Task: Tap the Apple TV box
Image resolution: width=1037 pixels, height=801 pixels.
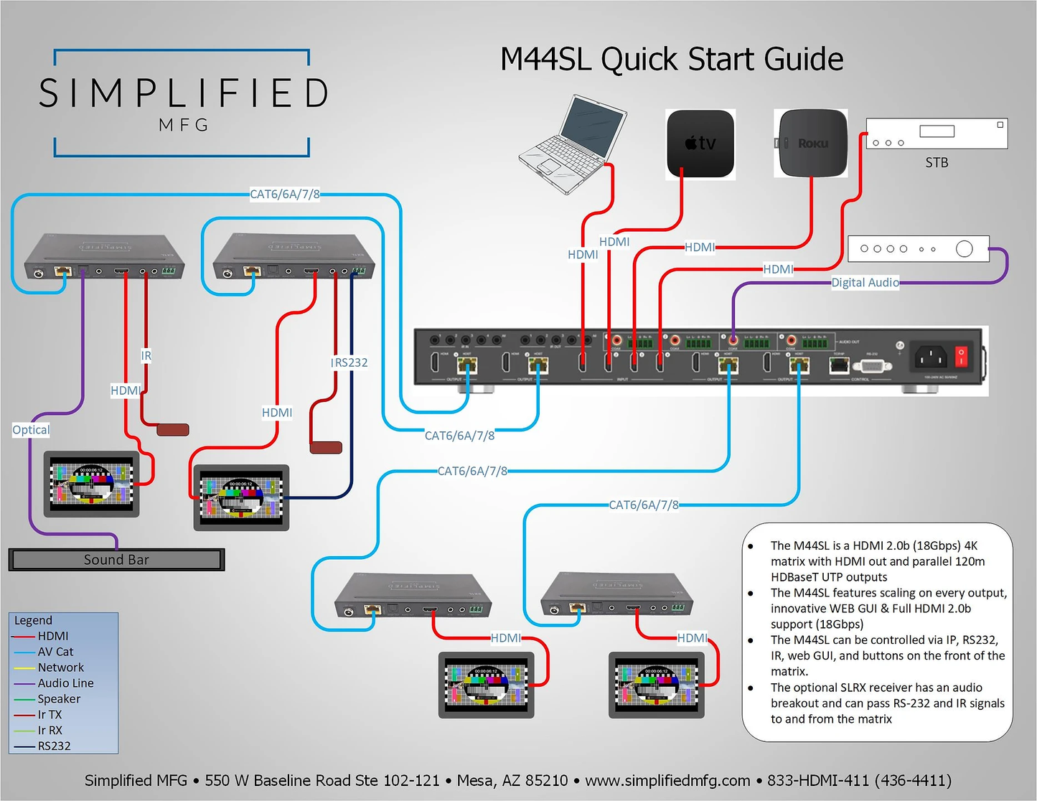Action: tap(700, 144)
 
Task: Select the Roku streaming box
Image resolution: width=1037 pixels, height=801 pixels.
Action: tap(811, 143)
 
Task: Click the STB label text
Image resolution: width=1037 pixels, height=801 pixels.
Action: tap(937, 163)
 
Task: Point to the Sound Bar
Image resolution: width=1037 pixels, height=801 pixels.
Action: tap(116, 560)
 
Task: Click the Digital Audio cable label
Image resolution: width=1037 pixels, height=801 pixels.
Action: tap(865, 283)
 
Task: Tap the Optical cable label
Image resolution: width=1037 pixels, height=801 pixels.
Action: tap(31, 430)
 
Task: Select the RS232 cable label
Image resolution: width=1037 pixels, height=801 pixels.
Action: tap(350, 362)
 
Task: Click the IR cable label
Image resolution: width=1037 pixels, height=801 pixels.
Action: tap(146, 355)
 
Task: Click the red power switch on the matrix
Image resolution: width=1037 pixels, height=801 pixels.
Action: tap(961, 356)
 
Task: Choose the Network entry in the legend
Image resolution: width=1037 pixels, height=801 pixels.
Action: tap(60, 667)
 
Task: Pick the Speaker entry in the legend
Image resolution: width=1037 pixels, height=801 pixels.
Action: tap(59, 699)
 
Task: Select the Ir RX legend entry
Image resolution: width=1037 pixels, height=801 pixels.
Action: tap(50, 731)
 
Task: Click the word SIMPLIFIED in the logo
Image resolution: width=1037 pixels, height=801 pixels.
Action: tap(183, 93)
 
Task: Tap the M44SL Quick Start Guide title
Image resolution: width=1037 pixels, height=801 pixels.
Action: tap(672, 59)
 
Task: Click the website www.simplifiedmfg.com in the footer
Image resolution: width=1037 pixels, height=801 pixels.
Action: tap(667, 780)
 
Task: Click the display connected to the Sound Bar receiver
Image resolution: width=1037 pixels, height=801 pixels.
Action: tap(92, 483)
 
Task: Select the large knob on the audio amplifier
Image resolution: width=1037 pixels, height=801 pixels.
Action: tap(965, 249)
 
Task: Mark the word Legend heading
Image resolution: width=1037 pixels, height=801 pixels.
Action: tap(33, 620)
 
